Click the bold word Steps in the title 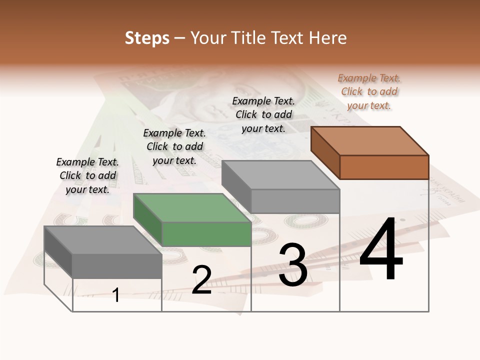pyautogui.click(x=147, y=38)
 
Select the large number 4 pyautogui.click(x=381, y=250)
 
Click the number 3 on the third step pyautogui.click(x=293, y=265)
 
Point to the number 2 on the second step pyautogui.click(x=201, y=280)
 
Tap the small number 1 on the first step pyautogui.click(x=116, y=295)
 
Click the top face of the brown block pyautogui.click(x=370, y=140)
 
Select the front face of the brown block pyautogui.click(x=384, y=167)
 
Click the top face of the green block pyautogui.click(x=192, y=208)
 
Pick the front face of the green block pyautogui.click(x=206, y=234)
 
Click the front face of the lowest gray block pyautogui.click(x=117, y=266)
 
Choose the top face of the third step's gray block pyautogui.click(x=280, y=175)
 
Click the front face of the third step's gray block pyautogui.click(x=295, y=201)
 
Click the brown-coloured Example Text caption pyautogui.click(x=369, y=91)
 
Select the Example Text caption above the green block pyautogui.click(x=174, y=146)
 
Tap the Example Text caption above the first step pyautogui.click(x=87, y=175)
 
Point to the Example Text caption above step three pyautogui.click(x=263, y=114)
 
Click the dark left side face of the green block pyautogui.click(x=147, y=220)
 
